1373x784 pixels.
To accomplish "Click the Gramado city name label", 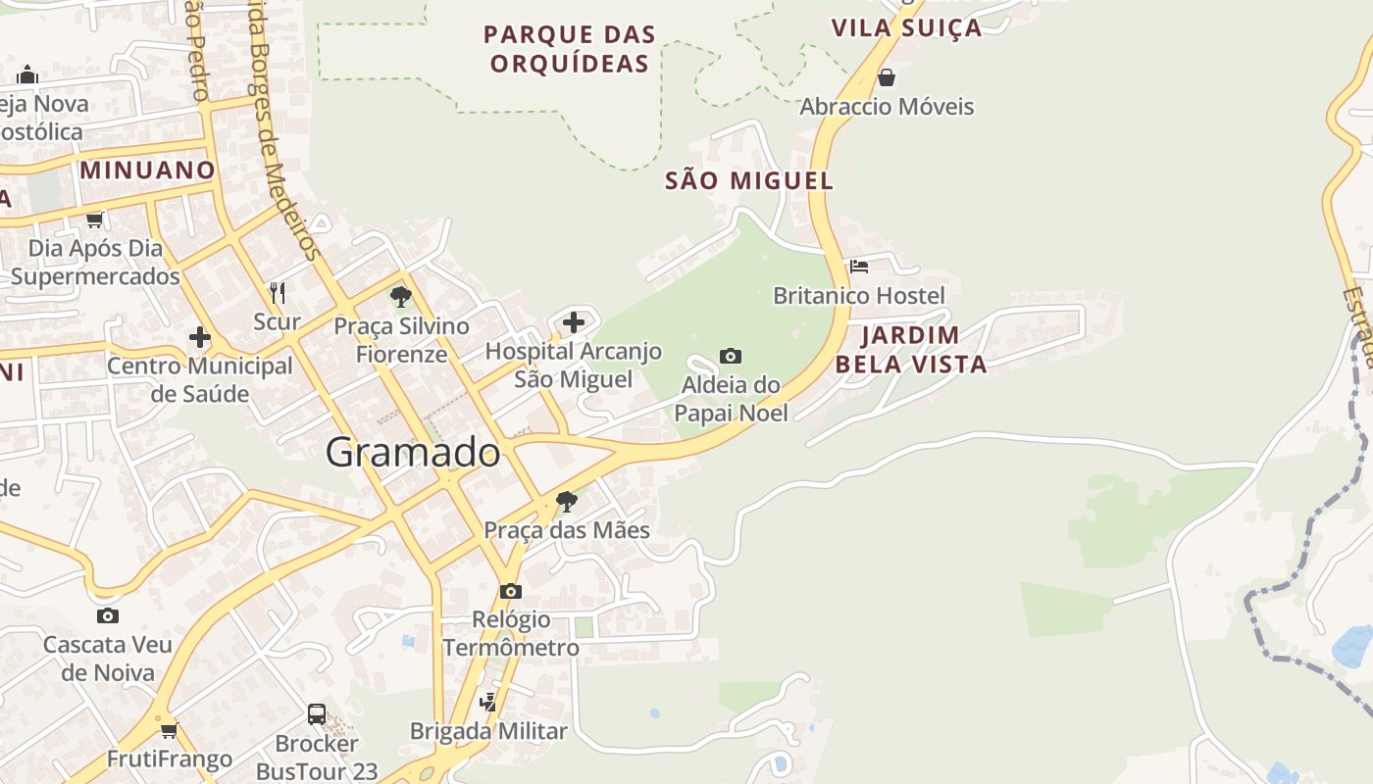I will (413, 452).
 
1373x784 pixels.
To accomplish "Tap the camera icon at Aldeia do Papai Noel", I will (731, 356).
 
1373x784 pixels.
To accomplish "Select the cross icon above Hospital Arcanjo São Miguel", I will (574, 321).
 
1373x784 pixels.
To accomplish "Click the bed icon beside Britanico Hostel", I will (859, 266).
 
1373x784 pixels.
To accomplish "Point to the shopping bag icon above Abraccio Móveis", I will (887, 76).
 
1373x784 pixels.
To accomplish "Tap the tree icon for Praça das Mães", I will (566, 502).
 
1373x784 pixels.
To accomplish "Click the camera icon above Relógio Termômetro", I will (510, 591).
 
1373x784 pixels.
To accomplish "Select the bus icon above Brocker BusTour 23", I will (317, 713).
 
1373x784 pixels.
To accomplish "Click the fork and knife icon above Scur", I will (278, 292).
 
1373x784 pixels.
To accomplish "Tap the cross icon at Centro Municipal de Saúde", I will (200, 337).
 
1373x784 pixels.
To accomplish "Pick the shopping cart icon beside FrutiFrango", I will (169, 729).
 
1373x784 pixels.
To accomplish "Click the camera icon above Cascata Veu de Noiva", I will (108, 615).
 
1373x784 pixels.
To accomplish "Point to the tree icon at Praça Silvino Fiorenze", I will (400, 296).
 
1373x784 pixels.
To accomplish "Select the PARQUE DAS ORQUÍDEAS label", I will (570, 49).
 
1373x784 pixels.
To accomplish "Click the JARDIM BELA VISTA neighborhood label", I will (911, 350).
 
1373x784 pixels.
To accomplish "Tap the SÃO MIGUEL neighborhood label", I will (749, 180).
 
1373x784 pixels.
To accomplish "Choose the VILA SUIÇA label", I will (906, 27).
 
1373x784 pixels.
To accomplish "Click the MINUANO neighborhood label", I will (147, 170).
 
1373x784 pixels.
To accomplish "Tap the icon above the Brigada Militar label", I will (487, 702).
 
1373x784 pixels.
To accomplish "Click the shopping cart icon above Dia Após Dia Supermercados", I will (95, 220).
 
